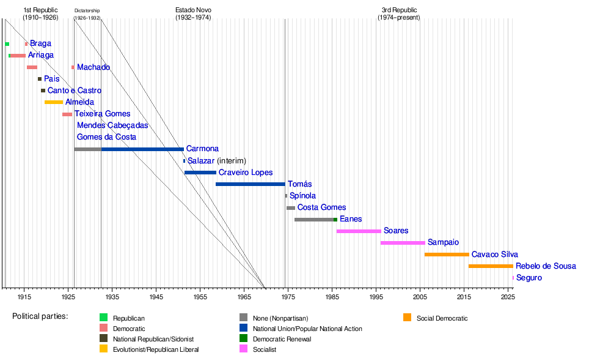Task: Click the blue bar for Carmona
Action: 142,149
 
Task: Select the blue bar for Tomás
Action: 251,184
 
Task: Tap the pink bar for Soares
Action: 359,231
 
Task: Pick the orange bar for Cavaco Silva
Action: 447,255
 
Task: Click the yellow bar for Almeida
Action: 54,102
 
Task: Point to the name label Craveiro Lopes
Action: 246,173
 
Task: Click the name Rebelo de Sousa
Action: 546,266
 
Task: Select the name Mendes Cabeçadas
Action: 112,125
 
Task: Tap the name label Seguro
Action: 529,278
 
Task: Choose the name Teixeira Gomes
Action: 102,114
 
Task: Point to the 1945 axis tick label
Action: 156,297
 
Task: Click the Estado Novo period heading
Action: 193,14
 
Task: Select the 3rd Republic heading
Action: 399,14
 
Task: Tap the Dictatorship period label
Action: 87,14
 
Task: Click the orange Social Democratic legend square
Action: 407,318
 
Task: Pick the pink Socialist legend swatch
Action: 243,349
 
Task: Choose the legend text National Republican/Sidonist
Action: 153,339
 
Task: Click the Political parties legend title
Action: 40,316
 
